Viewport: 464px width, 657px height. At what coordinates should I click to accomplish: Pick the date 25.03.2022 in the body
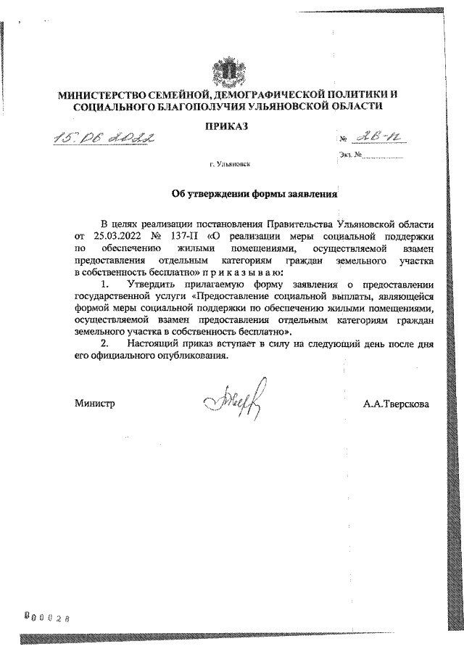click(x=117, y=237)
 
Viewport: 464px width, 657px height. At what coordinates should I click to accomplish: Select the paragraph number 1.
click(x=105, y=283)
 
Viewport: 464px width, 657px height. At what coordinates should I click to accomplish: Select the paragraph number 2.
click(x=105, y=341)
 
